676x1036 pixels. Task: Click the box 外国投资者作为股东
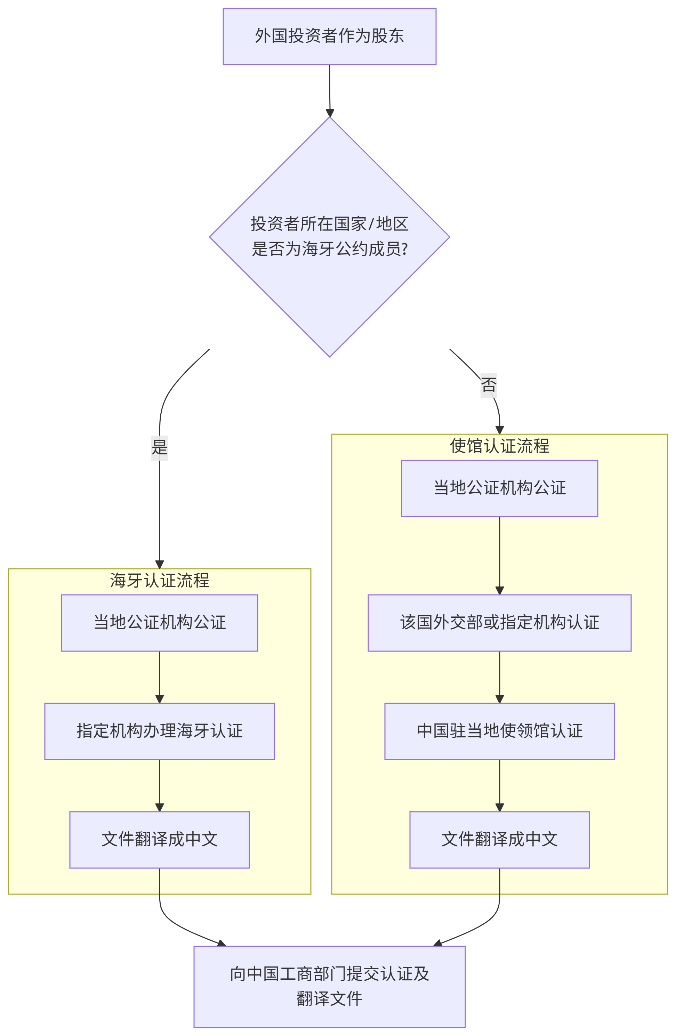coord(330,37)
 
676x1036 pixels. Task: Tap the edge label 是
coord(159,447)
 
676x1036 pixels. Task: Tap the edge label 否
coord(488,385)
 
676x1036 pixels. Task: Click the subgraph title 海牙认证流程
coord(159,580)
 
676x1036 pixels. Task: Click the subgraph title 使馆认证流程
coord(499,446)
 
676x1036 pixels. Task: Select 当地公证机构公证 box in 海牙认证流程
coord(159,623)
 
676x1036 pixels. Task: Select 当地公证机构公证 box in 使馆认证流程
coord(499,488)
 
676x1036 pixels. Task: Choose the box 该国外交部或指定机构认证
coord(499,623)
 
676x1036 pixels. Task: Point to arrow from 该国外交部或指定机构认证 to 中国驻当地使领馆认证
coord(499,677)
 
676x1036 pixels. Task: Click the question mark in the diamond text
coord(405,249)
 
